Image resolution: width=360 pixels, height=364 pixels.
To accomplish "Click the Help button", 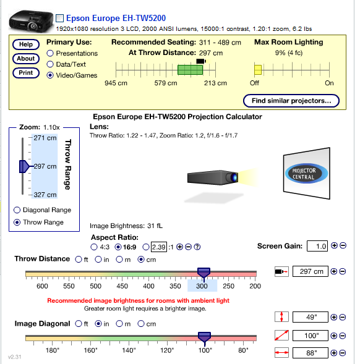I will tap(25, 44).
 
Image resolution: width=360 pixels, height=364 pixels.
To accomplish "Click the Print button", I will tap(25, 73).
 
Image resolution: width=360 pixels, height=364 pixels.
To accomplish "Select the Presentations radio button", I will tap(50, 54).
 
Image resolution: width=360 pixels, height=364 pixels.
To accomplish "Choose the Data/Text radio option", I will tap(50, 65).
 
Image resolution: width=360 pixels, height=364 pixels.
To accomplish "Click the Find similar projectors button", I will tap(291, 100).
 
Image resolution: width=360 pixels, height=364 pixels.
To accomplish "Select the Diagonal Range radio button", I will tap(17, 210).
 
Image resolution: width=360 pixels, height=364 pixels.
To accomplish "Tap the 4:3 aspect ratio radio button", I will tap(94, 247).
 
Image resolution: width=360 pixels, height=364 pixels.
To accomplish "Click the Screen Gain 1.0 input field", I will tap(317, 246).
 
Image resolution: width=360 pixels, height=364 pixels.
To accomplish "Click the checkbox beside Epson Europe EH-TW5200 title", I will tap(59, 19).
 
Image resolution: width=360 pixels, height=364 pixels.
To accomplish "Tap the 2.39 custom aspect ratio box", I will tap(159, 247).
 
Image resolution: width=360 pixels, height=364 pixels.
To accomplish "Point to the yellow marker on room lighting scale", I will tap(258, 70).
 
